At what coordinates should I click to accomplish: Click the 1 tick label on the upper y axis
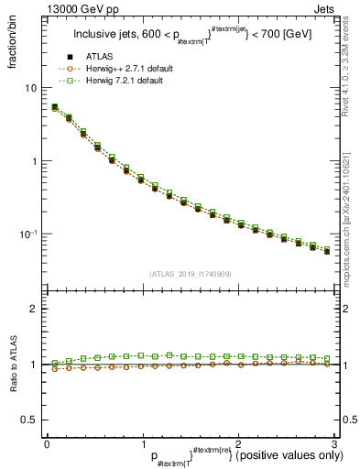coord(33,161)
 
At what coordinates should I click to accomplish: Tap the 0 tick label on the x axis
coord(47,443)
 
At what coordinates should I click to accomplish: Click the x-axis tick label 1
coord(142,443)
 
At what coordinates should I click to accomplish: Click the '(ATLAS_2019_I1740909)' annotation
coord(191,274)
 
